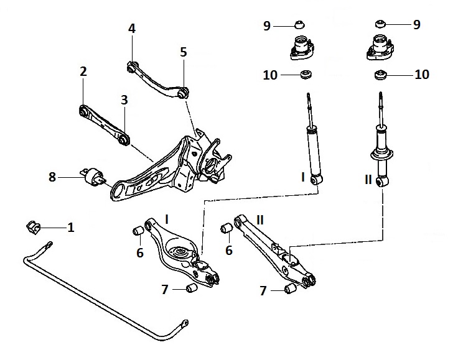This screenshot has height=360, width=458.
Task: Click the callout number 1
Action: [x=70, y=228]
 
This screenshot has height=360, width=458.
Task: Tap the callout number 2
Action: [x=83, y=72]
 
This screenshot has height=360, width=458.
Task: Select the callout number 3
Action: [x=124, y=99]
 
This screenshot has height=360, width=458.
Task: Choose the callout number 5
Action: [x=184, y=52]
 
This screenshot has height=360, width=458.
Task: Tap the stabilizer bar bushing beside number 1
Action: [x=32, y=226]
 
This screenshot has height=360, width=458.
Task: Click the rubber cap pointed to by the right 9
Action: [x=380, y=25]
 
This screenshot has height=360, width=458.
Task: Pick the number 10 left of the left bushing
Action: [x=270, y=75]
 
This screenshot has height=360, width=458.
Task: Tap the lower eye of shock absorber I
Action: [x=318, y=179]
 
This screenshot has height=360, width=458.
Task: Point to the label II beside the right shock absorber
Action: [x=368, y=180]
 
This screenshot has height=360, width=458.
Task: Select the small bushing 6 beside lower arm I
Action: [x=139, y=233]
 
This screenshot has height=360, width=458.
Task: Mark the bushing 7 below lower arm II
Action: [x=289, y=289]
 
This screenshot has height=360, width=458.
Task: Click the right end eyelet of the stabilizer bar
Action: [x=184, y=322]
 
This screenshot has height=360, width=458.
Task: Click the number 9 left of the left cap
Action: [x=266, y=25]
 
